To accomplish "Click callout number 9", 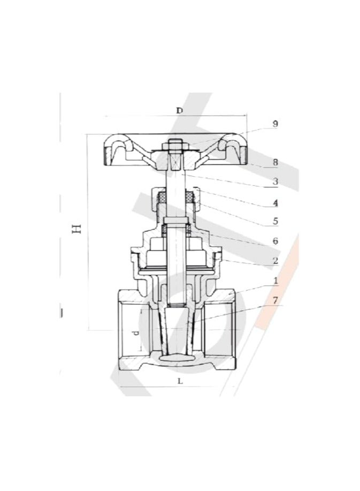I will pyautogui.click(x=274, y=124).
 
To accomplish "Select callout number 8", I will pyautogui.click(x=274, y=162).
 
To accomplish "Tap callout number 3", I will pyautogui.click(x=274, y=182).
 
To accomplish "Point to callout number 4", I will pyautogui.click(x=274, y=203).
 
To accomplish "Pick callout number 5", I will pyautogui.click(x=274, y=220).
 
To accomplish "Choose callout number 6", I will pyautogui.click(x=274, y=241).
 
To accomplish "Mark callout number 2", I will pyautogui.click(x=274, y=261).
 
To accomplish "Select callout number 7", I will pyautogui.click(x=274, y=300).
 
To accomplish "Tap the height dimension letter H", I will pyautogui.click(x=76, y=229).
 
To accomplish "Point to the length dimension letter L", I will pyautogui.click(x=180, y=381).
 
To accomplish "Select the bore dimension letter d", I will pyautogui.click(x=136, y=333).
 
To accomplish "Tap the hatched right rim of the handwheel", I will pyautogui.click(x=241, y=156).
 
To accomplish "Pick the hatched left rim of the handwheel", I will pyautogui.click(x=109, y=156).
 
